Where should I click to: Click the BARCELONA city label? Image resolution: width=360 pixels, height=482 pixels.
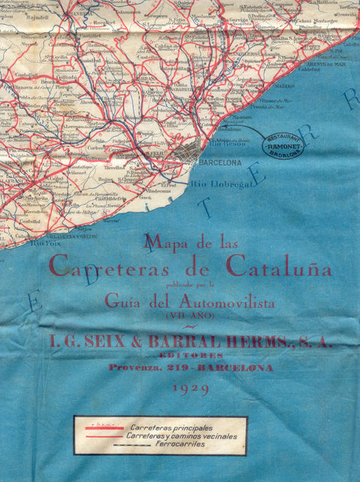[x=219, y=162]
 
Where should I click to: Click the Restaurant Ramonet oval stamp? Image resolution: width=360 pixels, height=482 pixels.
[x=282, y=142]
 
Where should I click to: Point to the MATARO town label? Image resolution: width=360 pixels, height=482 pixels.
[x=283, y=86]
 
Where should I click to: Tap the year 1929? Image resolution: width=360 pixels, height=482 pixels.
[x=190, y=389]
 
